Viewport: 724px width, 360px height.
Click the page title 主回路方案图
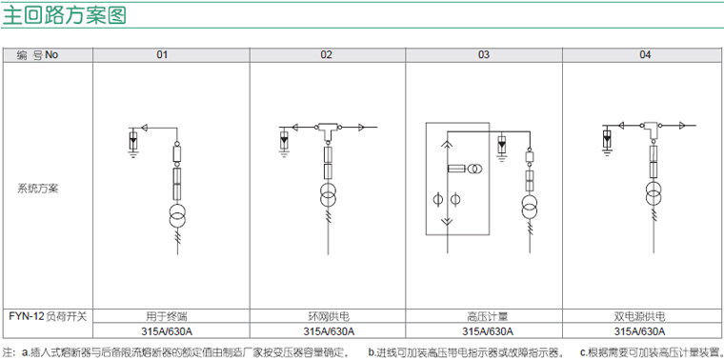click(64, 15)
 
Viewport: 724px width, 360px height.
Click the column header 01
click(162, 55)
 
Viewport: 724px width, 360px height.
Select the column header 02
click(327, 55)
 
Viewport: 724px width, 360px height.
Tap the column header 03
click(483, 55)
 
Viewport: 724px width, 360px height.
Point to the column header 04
click(645, 55)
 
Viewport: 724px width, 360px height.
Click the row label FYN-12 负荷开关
click(48, 316)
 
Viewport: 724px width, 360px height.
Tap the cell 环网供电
click(329, 316)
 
